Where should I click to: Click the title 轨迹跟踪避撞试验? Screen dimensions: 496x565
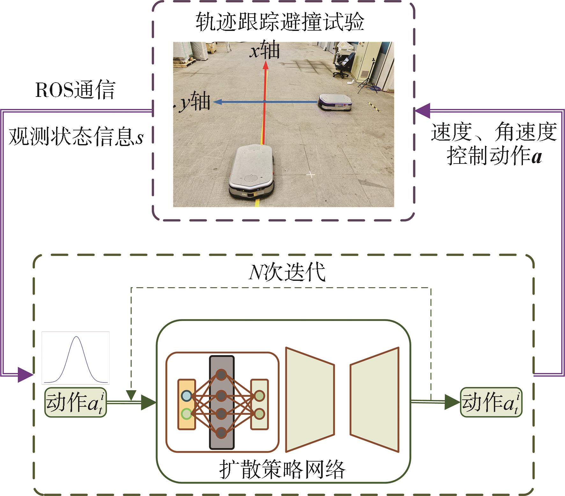pyautogui.click(x=280, y=22)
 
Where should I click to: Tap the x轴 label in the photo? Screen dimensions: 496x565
pyautogui.click(x=264, y=50)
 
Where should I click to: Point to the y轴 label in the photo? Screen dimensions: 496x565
pyautogui.click(x=194, y=103)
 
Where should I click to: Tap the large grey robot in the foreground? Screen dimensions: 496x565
pyautogui.click(x=252, y=172)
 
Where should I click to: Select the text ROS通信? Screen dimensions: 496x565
pyautogui.click(x=75, y=90)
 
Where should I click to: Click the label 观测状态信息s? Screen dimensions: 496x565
pyautogui.click(x=76, y=137)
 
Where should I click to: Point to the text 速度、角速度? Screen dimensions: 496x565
pyautogui.click(x=494, y=132)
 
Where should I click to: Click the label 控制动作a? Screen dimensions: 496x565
pyautogui.click(x=494, y=156)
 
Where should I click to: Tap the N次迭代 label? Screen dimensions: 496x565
pyautogui.click(x=287, y=272)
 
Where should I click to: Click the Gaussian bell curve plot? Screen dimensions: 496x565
pyautogui.click(x=76, y=358)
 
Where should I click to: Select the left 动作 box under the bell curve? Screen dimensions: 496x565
pyautogui.click(x=76, y=402)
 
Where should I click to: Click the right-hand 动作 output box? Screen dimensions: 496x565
pyautogui.click(x=491, y=402)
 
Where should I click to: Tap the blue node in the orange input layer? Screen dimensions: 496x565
pyautogui.click(x=186, y=396)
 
